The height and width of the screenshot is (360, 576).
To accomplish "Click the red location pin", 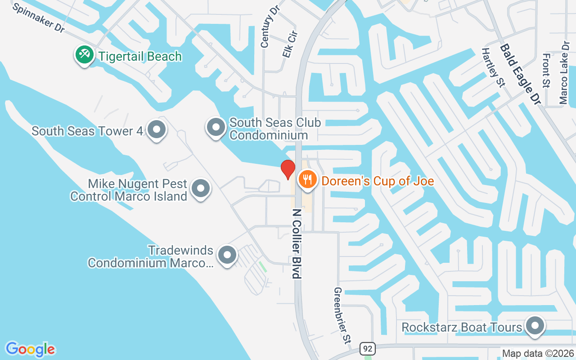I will tap(288, 169).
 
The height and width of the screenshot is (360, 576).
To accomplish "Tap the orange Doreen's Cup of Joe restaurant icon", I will tap(308, 180).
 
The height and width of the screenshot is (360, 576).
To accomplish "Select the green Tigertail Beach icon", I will tap(84, 55).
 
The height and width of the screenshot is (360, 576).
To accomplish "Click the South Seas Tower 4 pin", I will tap(157, 130).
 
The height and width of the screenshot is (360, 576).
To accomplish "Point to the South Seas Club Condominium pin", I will tap(216, 127).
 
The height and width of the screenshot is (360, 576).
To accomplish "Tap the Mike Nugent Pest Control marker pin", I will tap(201, 189).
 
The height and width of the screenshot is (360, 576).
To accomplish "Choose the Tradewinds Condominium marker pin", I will tap(227, 255).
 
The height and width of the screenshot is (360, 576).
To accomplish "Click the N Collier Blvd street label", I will tap(297, 243).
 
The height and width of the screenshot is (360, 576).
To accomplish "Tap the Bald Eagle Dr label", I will tap(520, 74).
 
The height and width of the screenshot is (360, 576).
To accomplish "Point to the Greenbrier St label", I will tap(342, 315).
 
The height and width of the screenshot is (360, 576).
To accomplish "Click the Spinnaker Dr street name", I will tap(39, 18).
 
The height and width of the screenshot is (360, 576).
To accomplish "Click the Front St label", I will tap(546, 70).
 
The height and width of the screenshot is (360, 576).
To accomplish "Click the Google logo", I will tap(30, 349).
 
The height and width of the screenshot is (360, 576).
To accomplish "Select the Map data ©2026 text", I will tap(537, 353).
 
